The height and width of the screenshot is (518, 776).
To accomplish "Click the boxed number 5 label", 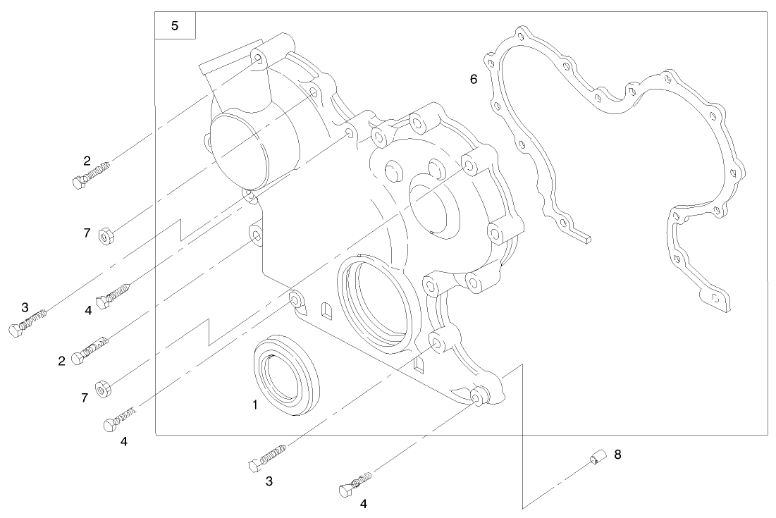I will (x=175, y=26).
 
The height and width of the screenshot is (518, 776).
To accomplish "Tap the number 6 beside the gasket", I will (x=474, y=79).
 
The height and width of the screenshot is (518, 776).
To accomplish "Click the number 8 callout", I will (x=617, y=455).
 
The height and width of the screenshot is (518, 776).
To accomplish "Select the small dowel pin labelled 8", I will (x=596, y=460).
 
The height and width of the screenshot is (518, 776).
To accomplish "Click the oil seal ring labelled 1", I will (x=286, y=376).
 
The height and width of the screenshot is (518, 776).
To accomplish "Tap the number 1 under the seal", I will (x=255, y=405).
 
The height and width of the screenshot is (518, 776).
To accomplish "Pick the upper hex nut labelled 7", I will (x=107, y=235).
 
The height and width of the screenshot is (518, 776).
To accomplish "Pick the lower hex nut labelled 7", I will (x=103, y=388).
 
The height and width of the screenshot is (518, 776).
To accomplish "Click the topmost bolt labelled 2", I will (x=91, y=175).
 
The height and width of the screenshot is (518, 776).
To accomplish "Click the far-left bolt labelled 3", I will (x=27, y=323).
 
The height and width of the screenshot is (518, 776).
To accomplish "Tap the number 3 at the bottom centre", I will (x=269, y=481).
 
